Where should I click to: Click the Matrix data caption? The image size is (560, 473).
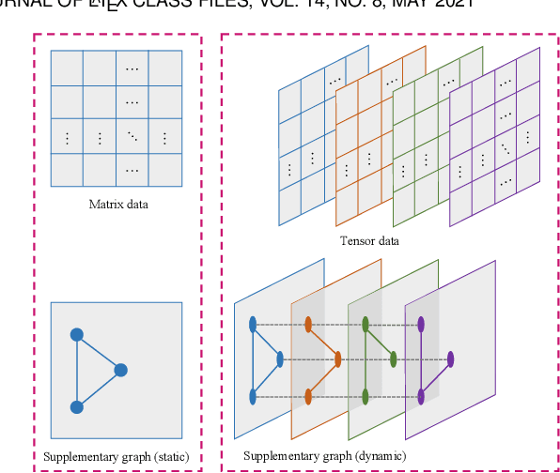click(x=117, y=204)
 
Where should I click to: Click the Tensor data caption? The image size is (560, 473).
click(x=369, y=241)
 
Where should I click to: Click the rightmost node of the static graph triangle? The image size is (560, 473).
click(x=120, y=370)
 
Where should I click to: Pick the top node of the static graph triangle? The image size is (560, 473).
click(x=77, y=334)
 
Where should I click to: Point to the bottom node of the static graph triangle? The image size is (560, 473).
click(x=77, y=406)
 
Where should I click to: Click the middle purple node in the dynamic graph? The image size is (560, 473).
click(x=451, y=359)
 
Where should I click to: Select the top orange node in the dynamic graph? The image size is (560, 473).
click(x=308, y=325)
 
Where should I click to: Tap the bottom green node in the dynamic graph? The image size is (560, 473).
click(x=366, y=396)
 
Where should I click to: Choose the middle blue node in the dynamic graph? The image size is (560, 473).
click(x=280, y=359)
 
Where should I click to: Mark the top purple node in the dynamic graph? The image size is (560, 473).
click(x=421, y=325)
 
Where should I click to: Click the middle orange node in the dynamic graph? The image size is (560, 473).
click(x=337, y=359)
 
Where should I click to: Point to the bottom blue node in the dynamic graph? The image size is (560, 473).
click(x=253, y=396)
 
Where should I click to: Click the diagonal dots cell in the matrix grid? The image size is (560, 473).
click(x=132, y=137)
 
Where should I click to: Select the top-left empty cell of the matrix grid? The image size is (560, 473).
click(x=67, y=68)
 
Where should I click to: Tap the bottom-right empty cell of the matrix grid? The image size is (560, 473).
click(x=164, y=170)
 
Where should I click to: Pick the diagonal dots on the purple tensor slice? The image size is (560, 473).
click(x=507, y=148)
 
